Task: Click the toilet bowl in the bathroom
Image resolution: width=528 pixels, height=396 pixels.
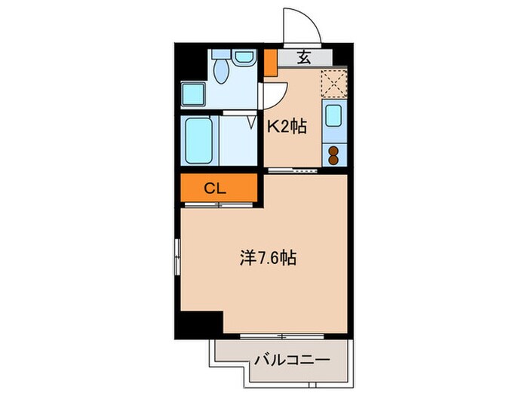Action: coord(221,72)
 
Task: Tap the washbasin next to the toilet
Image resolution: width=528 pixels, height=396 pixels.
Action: coord(243,57)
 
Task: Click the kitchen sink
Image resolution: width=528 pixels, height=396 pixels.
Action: coord(333,116)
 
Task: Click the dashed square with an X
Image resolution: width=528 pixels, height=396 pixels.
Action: coord(333,83)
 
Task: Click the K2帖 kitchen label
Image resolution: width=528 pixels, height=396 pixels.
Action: coord(287,127)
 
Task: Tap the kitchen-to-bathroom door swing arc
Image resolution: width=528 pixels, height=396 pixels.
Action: coord(273,94)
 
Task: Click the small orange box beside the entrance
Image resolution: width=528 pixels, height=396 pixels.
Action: coord(270,64)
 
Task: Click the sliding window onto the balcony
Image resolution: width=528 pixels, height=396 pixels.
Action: coord(279,333)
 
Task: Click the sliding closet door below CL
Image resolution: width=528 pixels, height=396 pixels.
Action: coord(219,204)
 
